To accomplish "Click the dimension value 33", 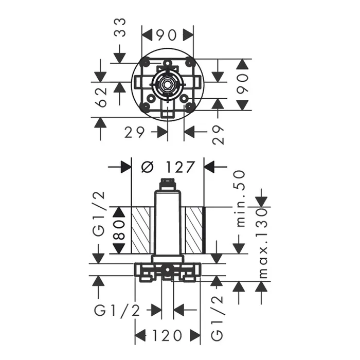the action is pos(120,28).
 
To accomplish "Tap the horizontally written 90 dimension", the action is pos(167,35).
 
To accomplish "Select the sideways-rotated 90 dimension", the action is pos(243,83).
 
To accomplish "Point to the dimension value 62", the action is pos(101,97).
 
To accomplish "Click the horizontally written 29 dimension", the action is pos(135,133).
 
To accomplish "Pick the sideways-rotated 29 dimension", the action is pos(219,135).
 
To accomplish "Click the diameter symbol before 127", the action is pos(147,167).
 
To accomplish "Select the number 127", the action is pos(181,167).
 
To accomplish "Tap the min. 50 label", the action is pos(241,199).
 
